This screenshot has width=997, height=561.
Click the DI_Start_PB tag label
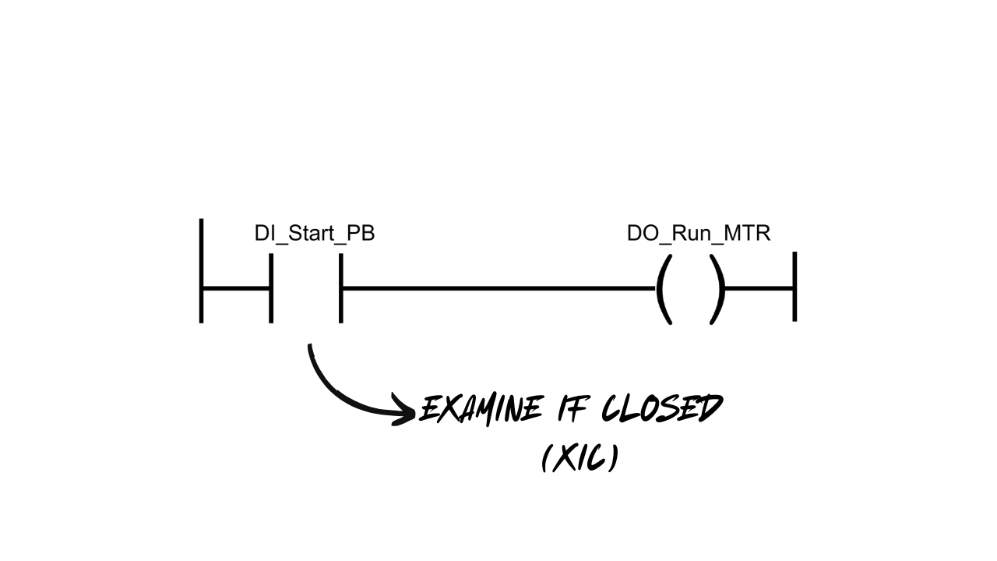click(x=315, y=234)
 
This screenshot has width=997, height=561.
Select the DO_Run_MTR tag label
click(x=698, y=234)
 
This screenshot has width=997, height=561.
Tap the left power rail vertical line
click(x=202, y=270)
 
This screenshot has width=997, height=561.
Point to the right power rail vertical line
click(x=794, y=286)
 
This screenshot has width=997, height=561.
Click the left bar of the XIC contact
click(x=271, y=288)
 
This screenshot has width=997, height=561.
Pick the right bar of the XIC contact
click(x=341, y=288)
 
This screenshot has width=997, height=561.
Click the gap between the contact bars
click(x=306, y=288)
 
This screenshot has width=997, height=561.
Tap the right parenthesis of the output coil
click(x=717, y=289)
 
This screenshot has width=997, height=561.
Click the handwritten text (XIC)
click(x=580, y=458)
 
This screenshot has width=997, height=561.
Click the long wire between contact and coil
click(x=498, y=289)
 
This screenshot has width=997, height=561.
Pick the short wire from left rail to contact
click(x=236, y=288)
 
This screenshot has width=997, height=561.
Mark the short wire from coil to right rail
click(x=759, y=289)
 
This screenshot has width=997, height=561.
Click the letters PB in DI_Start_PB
click(x=361, y=234)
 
